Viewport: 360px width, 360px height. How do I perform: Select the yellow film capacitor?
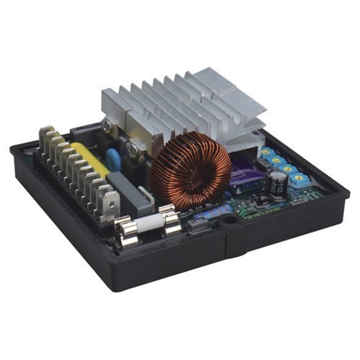coord(90,153)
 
